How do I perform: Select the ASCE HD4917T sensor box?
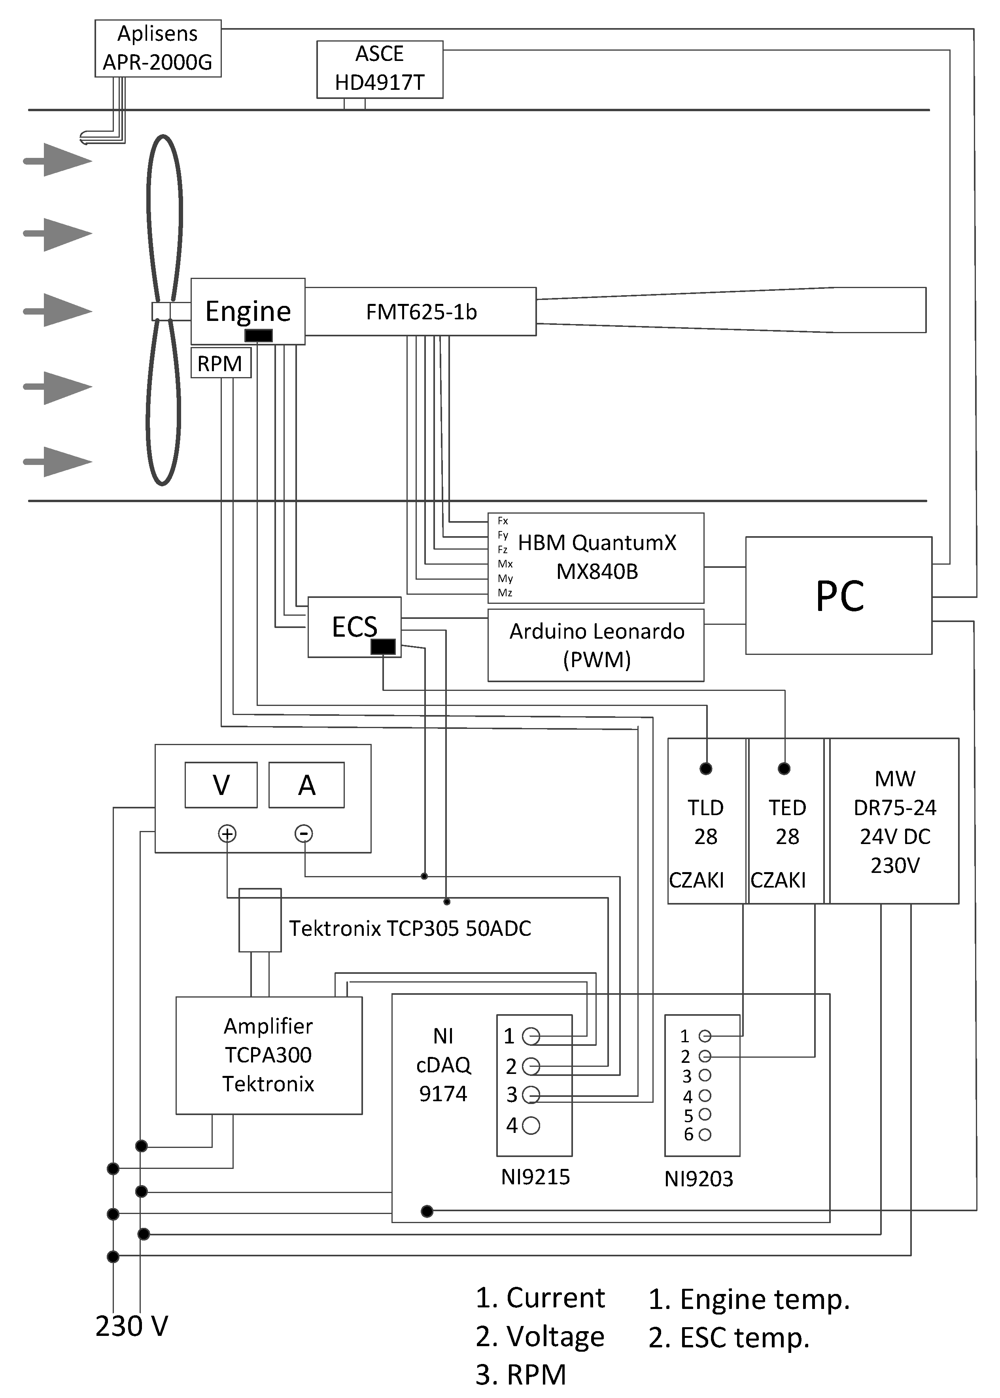(x=379, y=69)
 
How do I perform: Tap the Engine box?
(x=248, y=311)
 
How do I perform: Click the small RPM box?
(x=221, y=363)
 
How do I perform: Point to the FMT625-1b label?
(x=421, y=312)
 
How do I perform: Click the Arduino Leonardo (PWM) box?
(x=595, y=645)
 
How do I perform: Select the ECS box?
(x=354, y=627)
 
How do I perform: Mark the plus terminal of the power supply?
(x=227, y=834)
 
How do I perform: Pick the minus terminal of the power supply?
(x=304, y=834)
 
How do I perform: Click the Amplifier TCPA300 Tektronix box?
(x=268, y=1055)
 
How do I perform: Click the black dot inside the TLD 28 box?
(x=706, y=768)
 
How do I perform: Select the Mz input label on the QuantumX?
(x=505, y=593)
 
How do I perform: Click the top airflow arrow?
(x=59, y=160)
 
